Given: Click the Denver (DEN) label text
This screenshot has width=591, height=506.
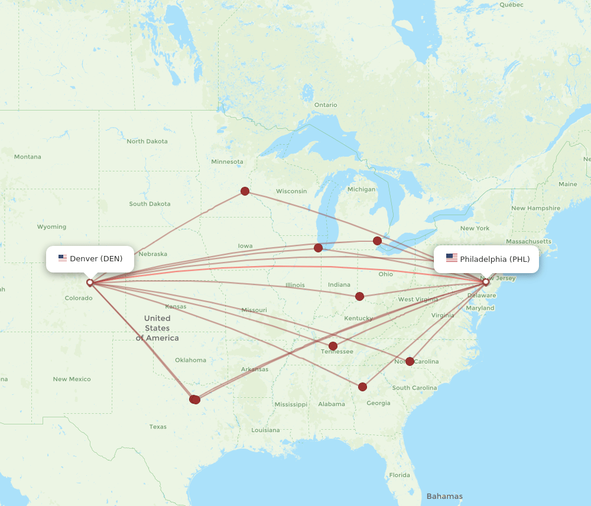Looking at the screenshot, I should [x=96, y=259].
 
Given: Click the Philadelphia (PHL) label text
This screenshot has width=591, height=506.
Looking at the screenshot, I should [x=495, y=259].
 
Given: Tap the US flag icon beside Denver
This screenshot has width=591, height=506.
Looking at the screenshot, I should [x=62, y=258].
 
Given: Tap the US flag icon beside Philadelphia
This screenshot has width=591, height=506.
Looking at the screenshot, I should [x=452, y=258].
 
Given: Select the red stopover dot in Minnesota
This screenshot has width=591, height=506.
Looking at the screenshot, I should [x=245, y=191].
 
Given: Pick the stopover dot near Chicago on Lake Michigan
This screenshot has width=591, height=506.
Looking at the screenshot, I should [x=319, y=248].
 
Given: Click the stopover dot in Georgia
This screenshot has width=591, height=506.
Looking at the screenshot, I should [x=362, y=387].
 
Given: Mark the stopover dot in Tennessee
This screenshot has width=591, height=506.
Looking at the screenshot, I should [x=333, y=346].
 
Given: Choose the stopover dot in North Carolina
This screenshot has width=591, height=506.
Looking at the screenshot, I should [x=410, y=361].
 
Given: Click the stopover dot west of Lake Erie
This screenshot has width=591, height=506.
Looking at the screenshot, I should [x=377, y=241].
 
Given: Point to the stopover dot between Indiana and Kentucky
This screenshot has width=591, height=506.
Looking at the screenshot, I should [x=359, y=296].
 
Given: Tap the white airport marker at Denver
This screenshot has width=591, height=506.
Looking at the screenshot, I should [x=90, y=283].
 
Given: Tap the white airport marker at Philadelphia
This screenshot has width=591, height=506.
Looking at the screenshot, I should [x=486, y=282].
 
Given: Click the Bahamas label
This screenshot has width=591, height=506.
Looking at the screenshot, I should [x=444, y=496].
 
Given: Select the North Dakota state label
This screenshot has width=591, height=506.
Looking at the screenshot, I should [x=147, y=141].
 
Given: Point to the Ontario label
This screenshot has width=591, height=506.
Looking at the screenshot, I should [x=326, y=105].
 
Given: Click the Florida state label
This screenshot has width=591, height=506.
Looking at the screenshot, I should [x=400, y=475].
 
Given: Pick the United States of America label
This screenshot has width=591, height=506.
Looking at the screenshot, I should [x=157, y=328].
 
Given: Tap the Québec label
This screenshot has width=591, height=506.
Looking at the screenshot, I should [x=511, y=5].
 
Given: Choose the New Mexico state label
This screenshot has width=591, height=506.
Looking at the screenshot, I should [x=72, y=379].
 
